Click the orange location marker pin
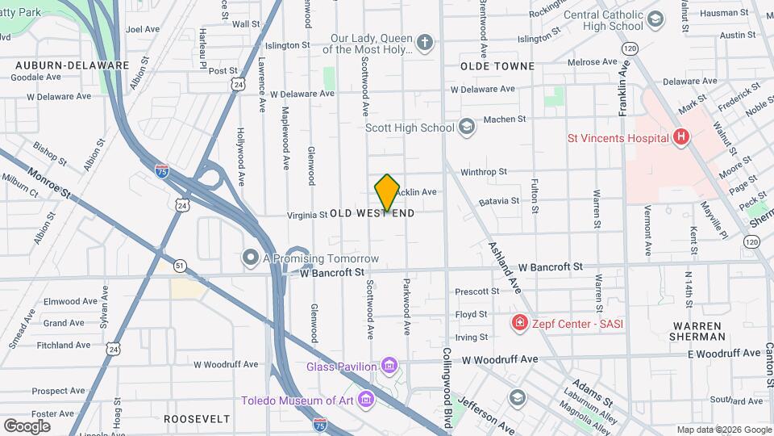387,192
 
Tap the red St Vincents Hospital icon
681,137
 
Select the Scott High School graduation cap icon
467,127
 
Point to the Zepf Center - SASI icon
520,324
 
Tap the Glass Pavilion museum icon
390,367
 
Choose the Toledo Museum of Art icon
367,400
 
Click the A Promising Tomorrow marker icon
251,258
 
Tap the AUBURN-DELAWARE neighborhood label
72,65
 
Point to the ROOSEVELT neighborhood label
196,419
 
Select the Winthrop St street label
483,172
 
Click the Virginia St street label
306,215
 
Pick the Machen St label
504,119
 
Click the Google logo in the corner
27,426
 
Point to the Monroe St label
50,183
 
